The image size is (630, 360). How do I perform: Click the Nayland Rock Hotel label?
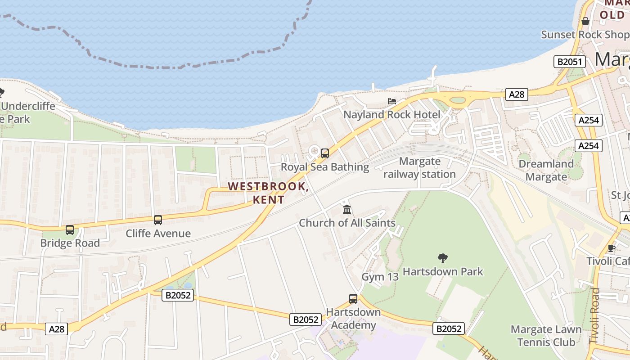pos(391,115)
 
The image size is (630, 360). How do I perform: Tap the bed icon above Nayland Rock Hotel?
pos(392,102)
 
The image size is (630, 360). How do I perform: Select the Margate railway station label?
pos(419,167)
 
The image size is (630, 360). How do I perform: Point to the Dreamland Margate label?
pos(546,170)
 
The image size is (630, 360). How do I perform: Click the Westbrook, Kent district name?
pos(268,193)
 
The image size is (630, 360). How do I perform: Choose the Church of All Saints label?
pos(347,223)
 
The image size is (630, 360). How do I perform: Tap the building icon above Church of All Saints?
pos(346,210)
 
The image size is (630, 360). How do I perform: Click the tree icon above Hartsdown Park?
pos(443,258)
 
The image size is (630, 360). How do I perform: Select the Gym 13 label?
pos(380,277)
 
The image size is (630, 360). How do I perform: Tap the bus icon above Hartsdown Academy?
pos(353,298)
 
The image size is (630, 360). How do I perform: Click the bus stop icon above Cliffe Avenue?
pos(158,220)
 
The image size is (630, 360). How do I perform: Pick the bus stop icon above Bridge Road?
pos(70,230)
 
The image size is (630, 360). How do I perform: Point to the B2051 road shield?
pos(569,62)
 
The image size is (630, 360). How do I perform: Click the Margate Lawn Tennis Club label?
pos(546,336)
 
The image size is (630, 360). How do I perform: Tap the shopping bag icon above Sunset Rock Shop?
pos(585,21)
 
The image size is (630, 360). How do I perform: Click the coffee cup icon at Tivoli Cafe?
pos(611,248)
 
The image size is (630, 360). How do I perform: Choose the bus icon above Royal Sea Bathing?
pos(325,153)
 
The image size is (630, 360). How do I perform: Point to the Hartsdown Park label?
pos(442,271)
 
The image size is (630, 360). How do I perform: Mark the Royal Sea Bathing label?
pos(324,167)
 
